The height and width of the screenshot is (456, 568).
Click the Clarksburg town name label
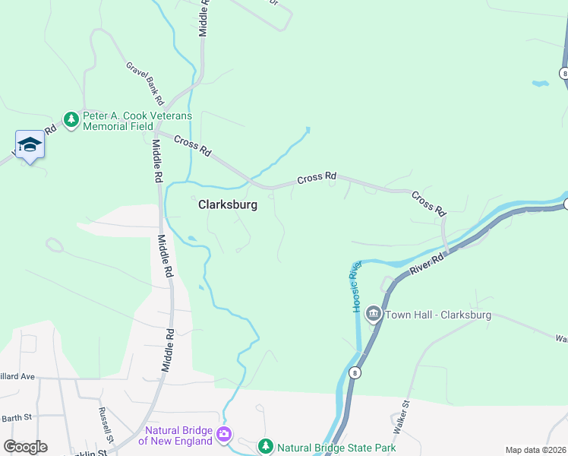point(228,205)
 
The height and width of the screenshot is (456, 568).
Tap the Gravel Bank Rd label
point(145,83)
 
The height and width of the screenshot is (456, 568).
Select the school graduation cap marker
point(30,144)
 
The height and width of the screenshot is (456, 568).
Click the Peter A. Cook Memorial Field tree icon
point(71,120)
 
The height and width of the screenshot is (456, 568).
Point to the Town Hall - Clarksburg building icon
point(373,314)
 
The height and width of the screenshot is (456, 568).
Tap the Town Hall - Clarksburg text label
point(438,315)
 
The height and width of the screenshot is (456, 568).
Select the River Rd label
point(425,266)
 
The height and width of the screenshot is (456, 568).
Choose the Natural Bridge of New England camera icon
point(224,435)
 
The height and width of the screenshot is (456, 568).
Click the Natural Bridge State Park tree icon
point(265,447)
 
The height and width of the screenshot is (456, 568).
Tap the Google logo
point(25,447)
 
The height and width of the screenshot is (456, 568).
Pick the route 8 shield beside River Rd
point(355,373)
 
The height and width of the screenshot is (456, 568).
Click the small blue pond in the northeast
point(540,82)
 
